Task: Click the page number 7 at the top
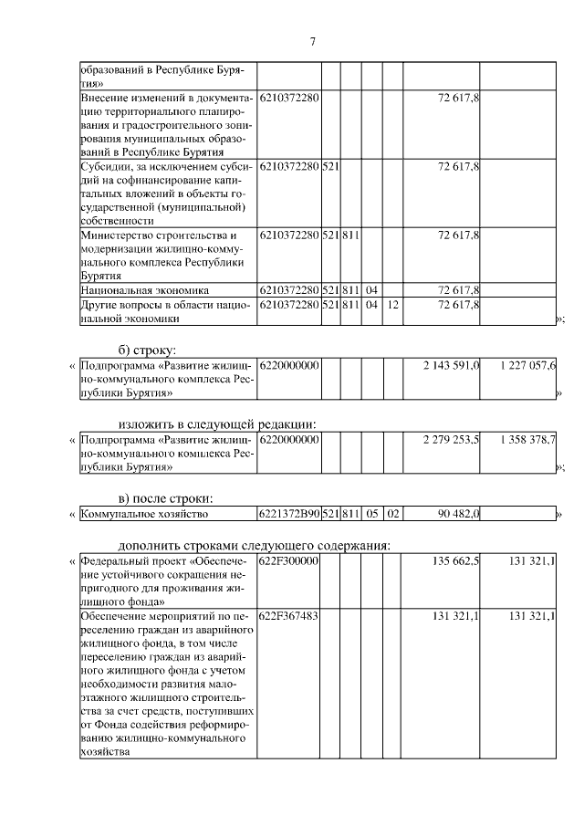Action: click(312, 42)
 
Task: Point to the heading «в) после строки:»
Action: click(165, 497)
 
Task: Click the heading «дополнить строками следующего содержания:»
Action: click(255, 545)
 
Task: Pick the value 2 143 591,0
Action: click(451, 366)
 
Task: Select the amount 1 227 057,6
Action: click(527, 366)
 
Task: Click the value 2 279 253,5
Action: click(451, 441)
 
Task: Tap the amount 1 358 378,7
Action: click(527, 441)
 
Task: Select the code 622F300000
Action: click(288, 561)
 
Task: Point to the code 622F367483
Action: click(288, 618)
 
